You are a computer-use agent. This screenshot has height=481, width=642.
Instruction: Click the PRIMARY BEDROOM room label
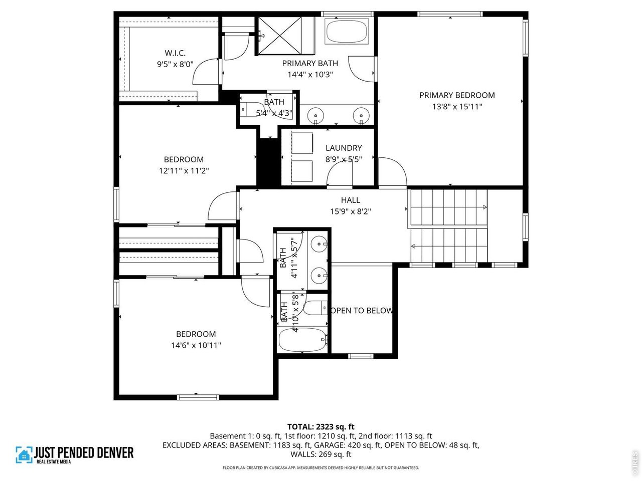tap(457, 95)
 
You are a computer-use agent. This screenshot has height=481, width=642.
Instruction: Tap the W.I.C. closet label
tap(175, 53)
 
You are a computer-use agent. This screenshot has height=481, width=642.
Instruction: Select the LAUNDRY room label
tap(344, 148)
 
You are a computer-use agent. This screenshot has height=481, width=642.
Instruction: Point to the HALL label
tap(350, 200)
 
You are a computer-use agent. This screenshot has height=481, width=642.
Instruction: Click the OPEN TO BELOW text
tap(361, 311)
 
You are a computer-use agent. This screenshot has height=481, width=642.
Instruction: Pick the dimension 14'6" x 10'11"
tap(196, 345)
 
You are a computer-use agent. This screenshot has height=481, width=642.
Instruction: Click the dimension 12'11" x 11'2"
tap(184, 171)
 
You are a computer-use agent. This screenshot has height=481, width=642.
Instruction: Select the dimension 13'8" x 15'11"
tap(457, 106)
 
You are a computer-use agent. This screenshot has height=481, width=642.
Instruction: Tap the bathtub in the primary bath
tap(347, 32)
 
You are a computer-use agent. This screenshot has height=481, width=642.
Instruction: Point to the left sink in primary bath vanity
tap(315, 116)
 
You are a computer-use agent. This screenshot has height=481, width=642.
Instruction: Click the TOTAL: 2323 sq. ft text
tap(320, 427)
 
